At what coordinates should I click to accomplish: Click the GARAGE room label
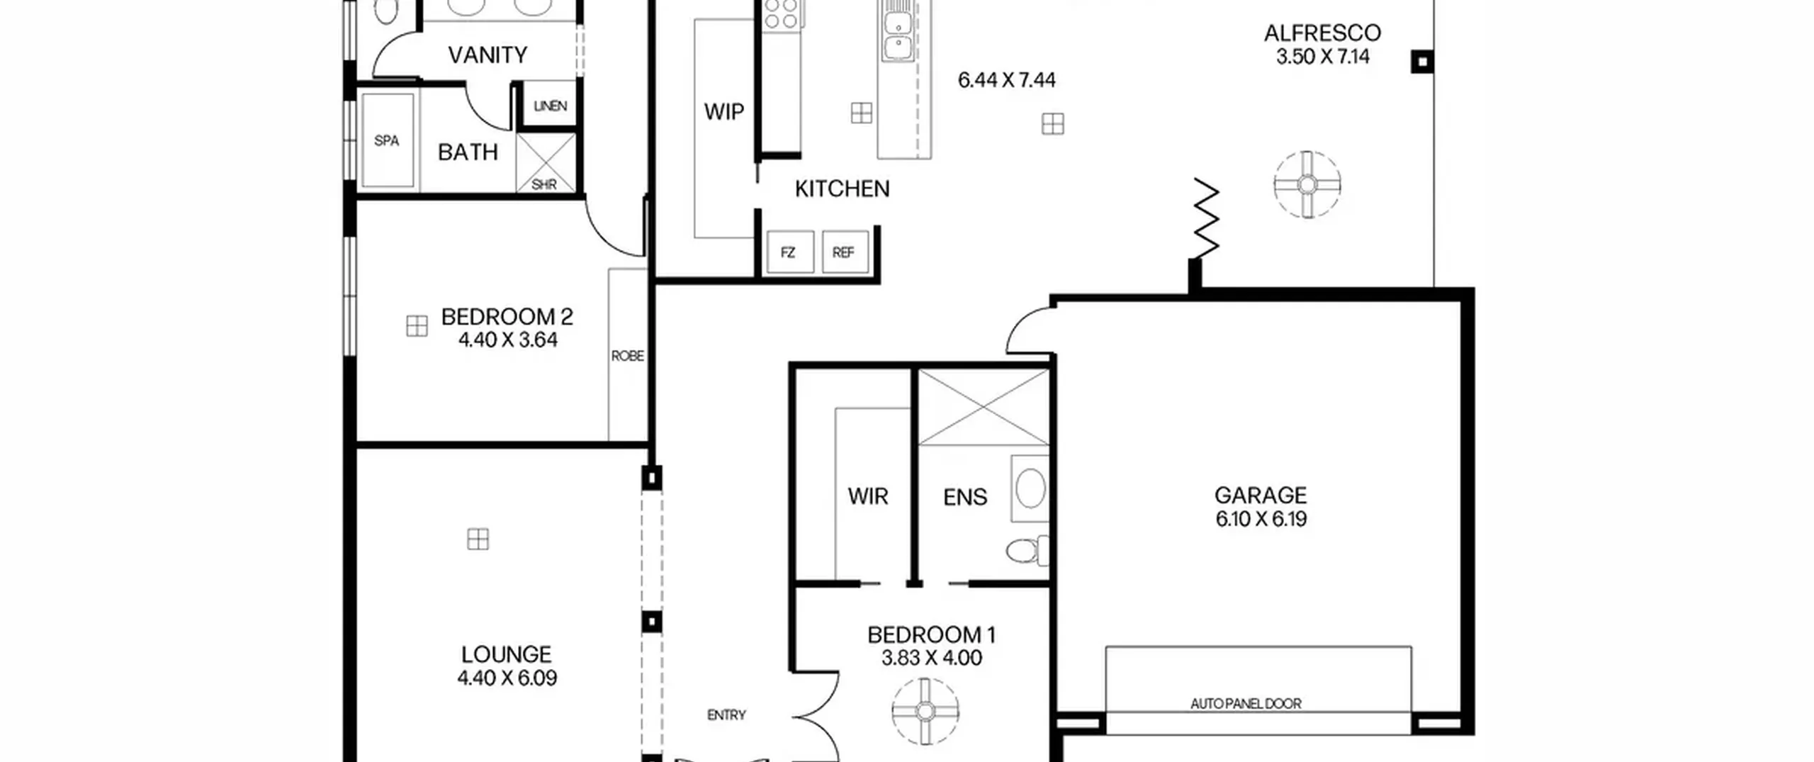pyautogui.click(x=1260, y=495)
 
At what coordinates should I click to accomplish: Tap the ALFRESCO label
pyautogui.click(x=1322, y=33)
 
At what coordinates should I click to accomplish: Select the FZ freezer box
pyautogui.click(x=789, y=252)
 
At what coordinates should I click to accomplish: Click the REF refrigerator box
pyautogui.click(x=845, y=252)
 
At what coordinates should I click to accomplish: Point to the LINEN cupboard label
pyautogui.click(x=550, y=106)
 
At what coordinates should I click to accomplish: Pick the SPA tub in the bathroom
pyautogui.click(x=388, y=140)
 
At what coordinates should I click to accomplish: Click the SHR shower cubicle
pyautogui.click(x=545, y=162)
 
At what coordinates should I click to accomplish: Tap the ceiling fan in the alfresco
pyautogui.click(x=1307, y=185)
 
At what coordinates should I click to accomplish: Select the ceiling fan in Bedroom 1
pyautogui.click(x=925, y=711)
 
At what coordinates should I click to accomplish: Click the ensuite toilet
pyautogui.click(x=1027, y=551)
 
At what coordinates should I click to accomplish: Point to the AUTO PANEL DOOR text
pyautogui.click(x=1246, y=704)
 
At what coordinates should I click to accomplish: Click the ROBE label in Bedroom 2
pyautogui.click(x=627, y=355)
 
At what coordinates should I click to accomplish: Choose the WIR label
pyautogui.click(x=867, y=496)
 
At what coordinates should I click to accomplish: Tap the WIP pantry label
pyautogui.click(x=723, y=111)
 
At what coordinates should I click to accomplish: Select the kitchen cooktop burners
pyautogui.click(x=780, y=13)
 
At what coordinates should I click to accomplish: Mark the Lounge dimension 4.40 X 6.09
pyautogui.click(x=507, y=678)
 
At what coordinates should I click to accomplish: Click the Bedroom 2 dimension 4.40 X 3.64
pyautogui.click(x=507, y=340)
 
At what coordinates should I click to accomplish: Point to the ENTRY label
pyautogui.click(x=726, y=715)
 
